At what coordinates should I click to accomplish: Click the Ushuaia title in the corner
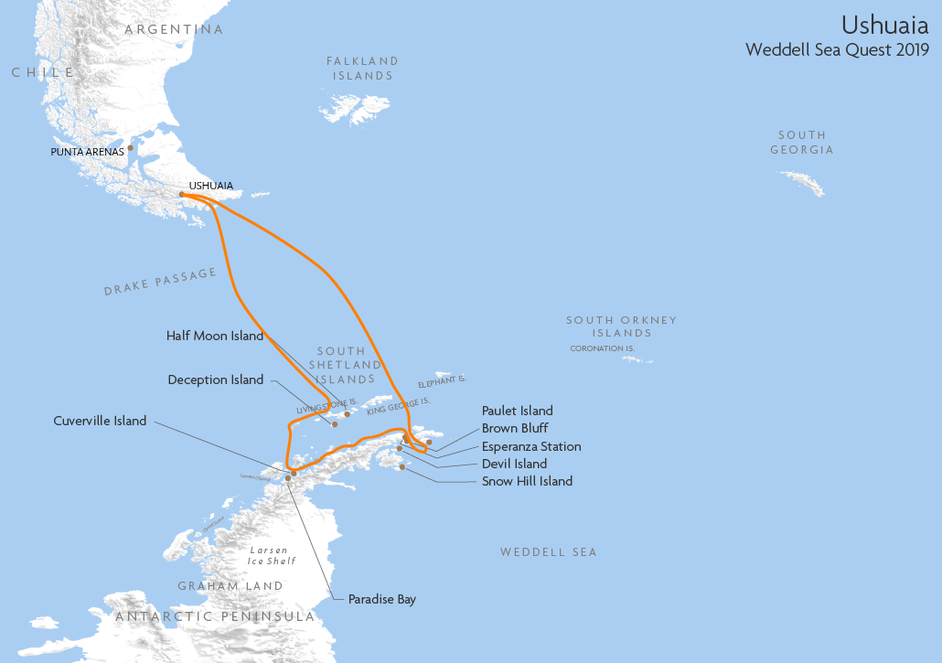coord(884,25)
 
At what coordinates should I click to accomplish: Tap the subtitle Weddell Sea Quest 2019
coord(837,50)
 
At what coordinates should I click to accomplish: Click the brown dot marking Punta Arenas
coord(131,147)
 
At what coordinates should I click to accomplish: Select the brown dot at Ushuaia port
coord(182,195)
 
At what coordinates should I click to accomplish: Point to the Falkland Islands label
coord(363,69)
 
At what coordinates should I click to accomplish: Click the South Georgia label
coord(802,143)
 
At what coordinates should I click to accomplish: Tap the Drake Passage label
coord(160,282)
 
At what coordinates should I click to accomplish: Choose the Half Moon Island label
coord(215,336)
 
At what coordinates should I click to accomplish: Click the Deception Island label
coord(216,380)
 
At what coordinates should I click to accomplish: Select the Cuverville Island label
coord(100,422)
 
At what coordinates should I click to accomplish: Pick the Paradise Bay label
coord(381,600)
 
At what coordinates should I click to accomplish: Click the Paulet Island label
coord(518,411)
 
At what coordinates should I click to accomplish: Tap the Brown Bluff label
coord(515,428)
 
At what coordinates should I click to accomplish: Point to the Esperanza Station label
coord(531,446)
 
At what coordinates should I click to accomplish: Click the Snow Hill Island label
coord(527,481)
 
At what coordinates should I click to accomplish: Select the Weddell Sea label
coord(548,552)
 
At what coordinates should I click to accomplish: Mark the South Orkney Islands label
coord(621,326)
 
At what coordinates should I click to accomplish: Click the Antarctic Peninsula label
coord(215,617)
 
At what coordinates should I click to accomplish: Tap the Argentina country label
coord(174,29)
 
